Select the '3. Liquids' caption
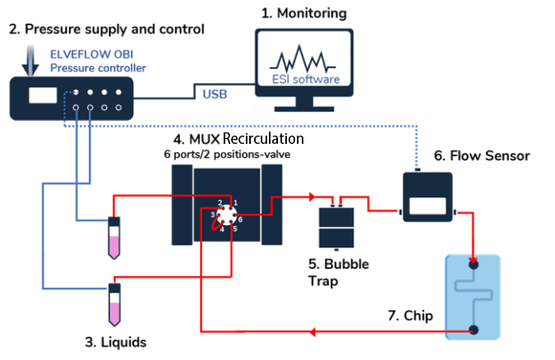[x=121, y=340]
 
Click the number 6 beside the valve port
[x=241, y=219]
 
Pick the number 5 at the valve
[x=234, y=228]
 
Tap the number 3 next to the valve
[x=212, y=215]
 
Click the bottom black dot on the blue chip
[x=474, y=330]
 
